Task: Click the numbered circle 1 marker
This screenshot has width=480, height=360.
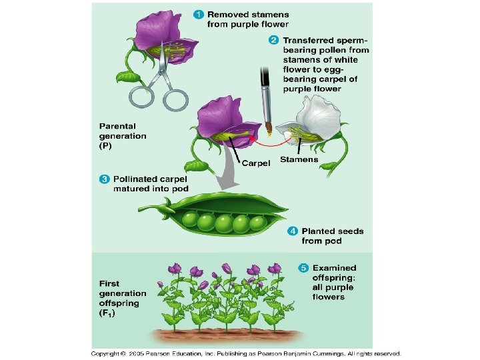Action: [198, 14]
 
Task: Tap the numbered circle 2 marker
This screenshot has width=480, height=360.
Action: [273, 40]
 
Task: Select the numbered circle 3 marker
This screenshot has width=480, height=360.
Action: [105, 179]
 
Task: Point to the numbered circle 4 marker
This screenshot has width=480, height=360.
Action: [293, 231]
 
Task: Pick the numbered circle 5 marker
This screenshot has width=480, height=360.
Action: [303, 268]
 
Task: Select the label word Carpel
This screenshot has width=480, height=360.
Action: [255, 163]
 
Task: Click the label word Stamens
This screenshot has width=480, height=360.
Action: [299, 160]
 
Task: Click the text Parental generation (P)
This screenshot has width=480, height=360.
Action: [122, 135]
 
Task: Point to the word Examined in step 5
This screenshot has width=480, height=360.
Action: [335, 268]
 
